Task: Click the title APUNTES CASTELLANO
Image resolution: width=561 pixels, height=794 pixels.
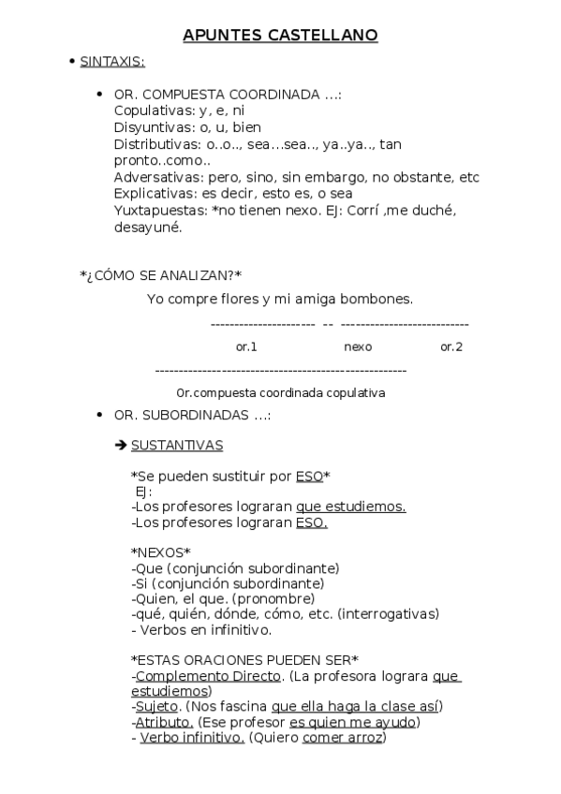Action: click(x=280, y=36)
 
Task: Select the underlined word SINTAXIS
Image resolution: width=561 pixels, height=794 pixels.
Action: click(x=111, y=62)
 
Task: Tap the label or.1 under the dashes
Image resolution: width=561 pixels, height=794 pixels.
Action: click(x=246, y=346)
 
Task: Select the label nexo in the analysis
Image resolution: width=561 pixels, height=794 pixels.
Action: click(x=358, y=346)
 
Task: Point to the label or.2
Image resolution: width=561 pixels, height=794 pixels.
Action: click(x=451, y=346)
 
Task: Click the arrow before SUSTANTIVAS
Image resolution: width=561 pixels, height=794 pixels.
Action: click(x=120, y=445)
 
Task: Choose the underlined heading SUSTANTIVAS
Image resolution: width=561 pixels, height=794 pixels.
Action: click(x=177, y=445)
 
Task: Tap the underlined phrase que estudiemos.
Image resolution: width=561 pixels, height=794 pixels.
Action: click(x=350, y=507)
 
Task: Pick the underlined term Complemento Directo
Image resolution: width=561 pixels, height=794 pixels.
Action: click(x=208, y=675)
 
